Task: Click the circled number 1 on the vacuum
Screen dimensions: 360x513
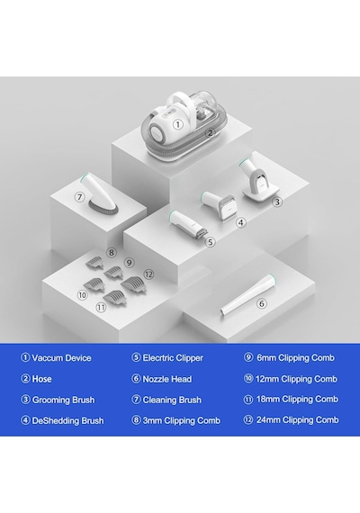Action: pyautogui.click(x=177, y=125)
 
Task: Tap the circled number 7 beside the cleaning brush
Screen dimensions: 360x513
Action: pyautogui.click(x=79, y=196)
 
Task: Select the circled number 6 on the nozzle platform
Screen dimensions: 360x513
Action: pyautogui.click(x=262, y=303)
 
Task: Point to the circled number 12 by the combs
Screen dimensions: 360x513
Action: pyautogui.click(x=148, y=274)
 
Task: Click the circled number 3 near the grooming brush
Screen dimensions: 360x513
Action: pyautogui.click(x=277, y=202)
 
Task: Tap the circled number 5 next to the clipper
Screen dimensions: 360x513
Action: pyautogui.click(x=211, y=242)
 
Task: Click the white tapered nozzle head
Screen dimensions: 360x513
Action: pyautogui.click(x=247, y=293)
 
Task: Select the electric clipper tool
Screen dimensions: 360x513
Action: pyautogui.click(x=188, y=225)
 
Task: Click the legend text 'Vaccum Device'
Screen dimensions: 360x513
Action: pyautogui.click(x=61, y=357)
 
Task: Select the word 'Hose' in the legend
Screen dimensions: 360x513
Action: pyautogui.click(x=42, y=379)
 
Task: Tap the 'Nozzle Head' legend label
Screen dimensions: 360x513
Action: pyautogui.click(x=167, y=379)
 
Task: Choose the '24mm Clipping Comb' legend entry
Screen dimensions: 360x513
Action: pyautogui.click(x=298, y=419)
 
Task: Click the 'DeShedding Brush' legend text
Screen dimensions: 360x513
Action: pyautogui.click(x=67, y=420)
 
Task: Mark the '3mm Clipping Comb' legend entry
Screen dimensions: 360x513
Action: pyautogui.click(x=182, y=420)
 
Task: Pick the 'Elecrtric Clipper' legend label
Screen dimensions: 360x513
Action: pyautogui.click(x=173, y=357)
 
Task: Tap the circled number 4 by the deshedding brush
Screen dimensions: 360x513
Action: pyautogui.click(x=241, y=223)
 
